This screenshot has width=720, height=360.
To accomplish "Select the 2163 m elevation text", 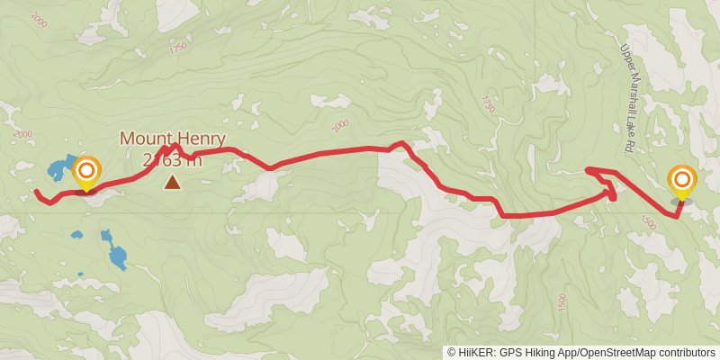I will [x=171, y=160].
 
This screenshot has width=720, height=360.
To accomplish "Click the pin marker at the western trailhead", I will [x=87, y=173].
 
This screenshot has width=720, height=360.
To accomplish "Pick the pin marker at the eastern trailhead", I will [x=681, y=183].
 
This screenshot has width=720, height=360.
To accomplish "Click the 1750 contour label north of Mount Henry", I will [x=177, y=50].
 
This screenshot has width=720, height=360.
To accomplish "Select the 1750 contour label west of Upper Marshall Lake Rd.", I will [x=488, y=103].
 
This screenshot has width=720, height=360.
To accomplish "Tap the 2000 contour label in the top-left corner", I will [x=39, y=18].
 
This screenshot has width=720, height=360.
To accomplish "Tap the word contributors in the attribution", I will [x=688, y=353].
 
